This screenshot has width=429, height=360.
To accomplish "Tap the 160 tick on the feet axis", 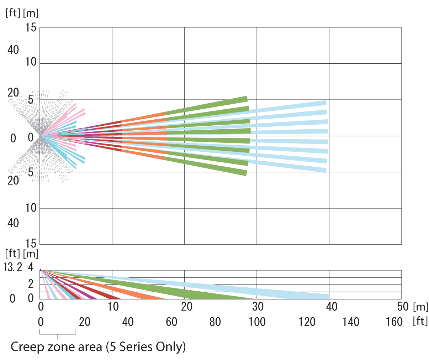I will (394, 322).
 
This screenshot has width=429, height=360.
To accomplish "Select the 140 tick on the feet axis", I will (351, 322).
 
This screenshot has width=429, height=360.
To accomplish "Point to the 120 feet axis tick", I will (307, 322).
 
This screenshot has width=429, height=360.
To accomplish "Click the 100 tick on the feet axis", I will (256, 322).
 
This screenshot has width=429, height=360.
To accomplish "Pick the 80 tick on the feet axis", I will (215, 322).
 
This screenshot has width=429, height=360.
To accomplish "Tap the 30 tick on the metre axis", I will (257, 306).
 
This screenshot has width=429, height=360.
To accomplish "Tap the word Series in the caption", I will (139, 346).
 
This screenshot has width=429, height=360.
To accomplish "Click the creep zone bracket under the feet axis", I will (58, 334).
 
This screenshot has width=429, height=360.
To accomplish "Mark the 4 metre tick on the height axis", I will (31, 267).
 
